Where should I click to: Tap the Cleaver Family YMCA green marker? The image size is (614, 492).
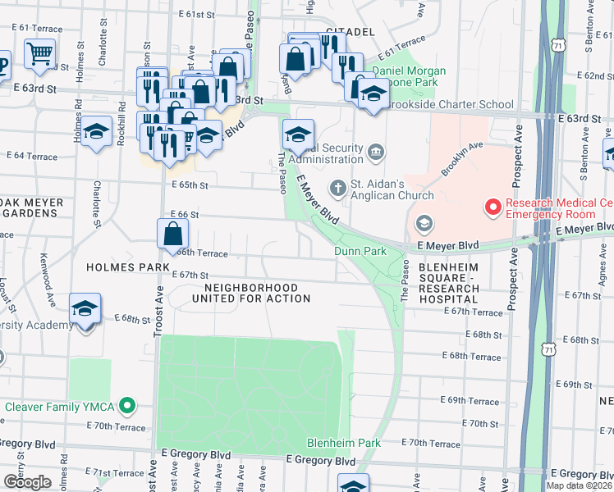(126, 406)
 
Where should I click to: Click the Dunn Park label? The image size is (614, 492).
(360, 251)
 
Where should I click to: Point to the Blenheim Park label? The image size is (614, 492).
(343, 443)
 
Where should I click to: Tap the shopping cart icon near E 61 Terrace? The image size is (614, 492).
(39, 55)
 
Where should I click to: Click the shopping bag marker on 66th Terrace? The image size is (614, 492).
(173, 233)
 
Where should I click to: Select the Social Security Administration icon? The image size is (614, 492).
(376, 151)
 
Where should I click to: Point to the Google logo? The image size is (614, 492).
(27, 482)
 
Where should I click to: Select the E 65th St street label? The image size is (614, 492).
(190, 186)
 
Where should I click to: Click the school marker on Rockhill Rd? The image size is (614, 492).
(96, 131)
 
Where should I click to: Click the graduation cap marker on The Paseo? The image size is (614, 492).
(298, 133)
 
